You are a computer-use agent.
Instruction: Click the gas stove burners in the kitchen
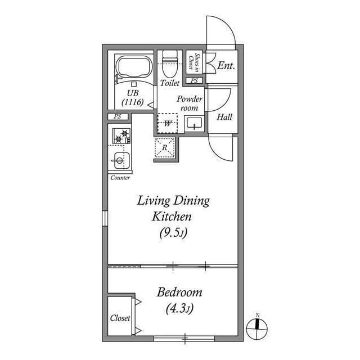pos(121,136)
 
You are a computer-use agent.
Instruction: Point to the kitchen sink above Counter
pos(119,161)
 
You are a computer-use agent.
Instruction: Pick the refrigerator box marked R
pos(165,147)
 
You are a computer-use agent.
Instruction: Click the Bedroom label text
pos(179,292)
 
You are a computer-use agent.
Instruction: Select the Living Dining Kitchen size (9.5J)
pos(172,232)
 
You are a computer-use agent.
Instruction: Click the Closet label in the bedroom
pos(120,318)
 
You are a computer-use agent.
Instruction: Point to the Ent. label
pos(226,66)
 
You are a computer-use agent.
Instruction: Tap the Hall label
pos(224,118)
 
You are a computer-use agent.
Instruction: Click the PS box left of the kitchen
pos(118,116)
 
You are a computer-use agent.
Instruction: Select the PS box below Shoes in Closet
pos(194,81)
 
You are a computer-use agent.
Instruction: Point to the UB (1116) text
pos(133,97)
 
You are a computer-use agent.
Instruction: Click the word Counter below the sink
pos(120,178)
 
